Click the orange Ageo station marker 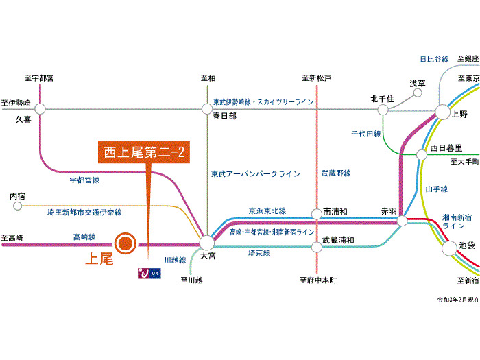click(125, 243)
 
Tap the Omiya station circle click(207, 243)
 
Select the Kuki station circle click(40, 108)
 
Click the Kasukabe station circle click(207, 108)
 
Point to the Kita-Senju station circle click(383, 110)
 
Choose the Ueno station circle click(443, 112)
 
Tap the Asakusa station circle click(418, 93)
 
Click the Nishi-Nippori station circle click(422, 154)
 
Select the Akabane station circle click(403, 220)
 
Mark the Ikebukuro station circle click(449, 248)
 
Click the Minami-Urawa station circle click(317, 214)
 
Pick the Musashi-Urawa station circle click(317, 247)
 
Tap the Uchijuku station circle click(17, 206)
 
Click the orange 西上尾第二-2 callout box click(144, 152)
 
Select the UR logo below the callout click(149, 273)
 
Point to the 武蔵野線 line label click(336, 173)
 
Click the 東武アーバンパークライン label click(256, 174)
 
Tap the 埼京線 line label click(259, 253)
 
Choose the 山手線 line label click(437, 189)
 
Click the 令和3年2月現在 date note click(458, 300)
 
